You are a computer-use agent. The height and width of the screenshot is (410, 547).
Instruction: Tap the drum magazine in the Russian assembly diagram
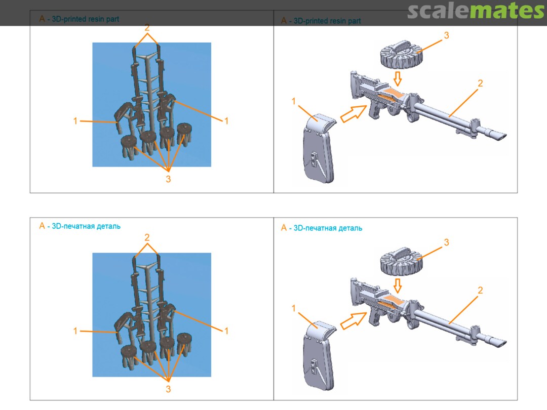pyautogui.click(x=402, y=262)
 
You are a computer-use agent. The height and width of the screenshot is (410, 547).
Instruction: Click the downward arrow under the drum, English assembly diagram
pyautogui.click(x=398, y=78)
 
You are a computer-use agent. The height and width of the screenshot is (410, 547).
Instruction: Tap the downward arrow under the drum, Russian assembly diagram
pyautogui.click(x=398, y=286)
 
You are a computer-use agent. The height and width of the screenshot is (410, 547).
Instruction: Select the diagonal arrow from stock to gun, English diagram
pyautogui.click(x=353, y=114)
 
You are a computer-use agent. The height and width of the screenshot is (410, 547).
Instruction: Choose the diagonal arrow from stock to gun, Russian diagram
pyautogui.click(x=353, y=321)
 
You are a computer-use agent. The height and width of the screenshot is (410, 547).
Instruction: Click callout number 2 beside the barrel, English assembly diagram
pyautogui.click(x=480, y=84)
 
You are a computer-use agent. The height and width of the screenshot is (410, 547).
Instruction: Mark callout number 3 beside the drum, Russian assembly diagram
pyautogui.click(x=446, y=242)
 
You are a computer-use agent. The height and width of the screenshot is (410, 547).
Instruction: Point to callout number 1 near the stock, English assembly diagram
pyautogui.click(x=293, y=101)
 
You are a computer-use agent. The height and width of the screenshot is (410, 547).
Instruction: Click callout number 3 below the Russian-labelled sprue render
pyautogui.click(x=168, y=389)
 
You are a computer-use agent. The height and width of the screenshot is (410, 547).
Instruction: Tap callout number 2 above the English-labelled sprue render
pyautogui.click(x=147, y=27)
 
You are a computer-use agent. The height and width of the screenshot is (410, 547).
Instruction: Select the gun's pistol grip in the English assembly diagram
pyautogui.click(x=374, y=112)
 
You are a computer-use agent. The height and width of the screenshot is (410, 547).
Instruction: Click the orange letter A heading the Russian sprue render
pyautogui.click(x=42, y=226)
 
